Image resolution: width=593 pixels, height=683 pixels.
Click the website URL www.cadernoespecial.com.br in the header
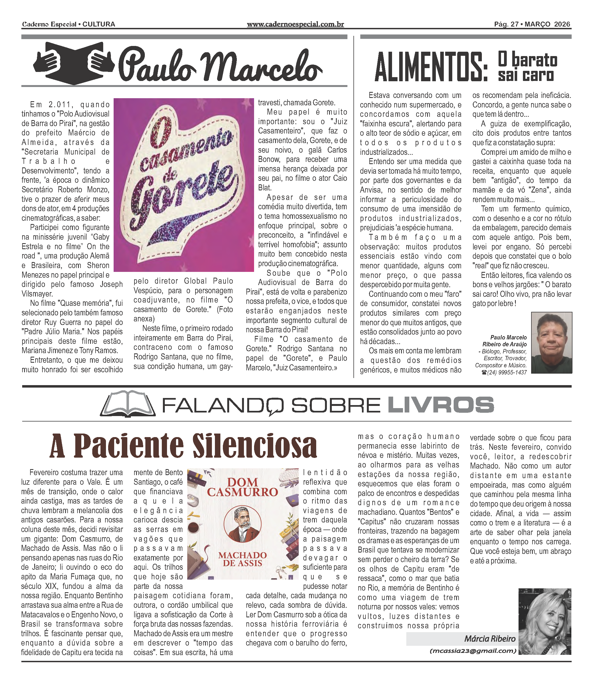click(295, 24)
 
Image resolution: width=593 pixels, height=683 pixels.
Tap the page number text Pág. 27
click(506, 24)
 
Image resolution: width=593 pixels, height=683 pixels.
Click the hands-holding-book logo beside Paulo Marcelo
click(73, 63)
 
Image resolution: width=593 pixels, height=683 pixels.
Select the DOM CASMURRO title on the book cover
click(243, 487)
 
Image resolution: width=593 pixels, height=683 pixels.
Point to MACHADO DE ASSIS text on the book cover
click(243, 559)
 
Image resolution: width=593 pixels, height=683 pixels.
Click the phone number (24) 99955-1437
click(506, 372)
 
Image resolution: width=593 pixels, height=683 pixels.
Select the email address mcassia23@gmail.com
click(473, 651)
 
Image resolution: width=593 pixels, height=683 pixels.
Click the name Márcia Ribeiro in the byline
click(490, 638)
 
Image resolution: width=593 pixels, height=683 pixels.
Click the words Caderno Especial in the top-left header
click(49, 24)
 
